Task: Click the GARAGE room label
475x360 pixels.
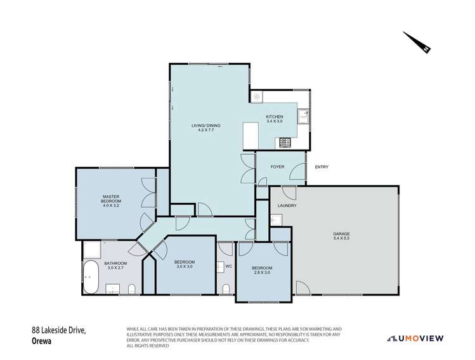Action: pos(341,233)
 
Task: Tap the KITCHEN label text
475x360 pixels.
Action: pos(274,117)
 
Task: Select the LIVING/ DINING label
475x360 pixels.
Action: pos(204,125)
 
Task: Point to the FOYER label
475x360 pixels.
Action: pos(277,167)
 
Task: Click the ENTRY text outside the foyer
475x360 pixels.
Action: pos(322,167)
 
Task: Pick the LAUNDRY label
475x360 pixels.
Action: pos(287,206)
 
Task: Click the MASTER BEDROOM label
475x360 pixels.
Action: pos(112,200)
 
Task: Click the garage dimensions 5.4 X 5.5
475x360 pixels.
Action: pos(341,238)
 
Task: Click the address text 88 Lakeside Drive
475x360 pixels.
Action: pos(59,330)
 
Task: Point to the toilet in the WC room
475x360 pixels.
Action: pos(226,289)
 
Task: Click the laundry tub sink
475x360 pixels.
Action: pos(277,219)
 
